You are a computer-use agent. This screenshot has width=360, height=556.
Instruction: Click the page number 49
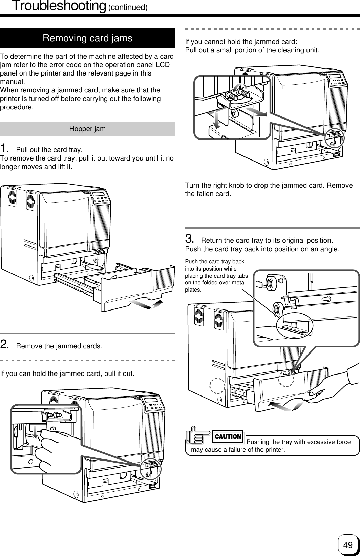coord(347,545)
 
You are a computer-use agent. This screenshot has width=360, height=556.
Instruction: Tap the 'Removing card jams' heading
coord(87,38)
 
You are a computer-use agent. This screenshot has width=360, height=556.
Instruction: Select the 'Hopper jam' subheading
coord(87,129)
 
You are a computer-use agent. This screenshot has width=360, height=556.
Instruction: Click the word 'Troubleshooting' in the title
coord(59,6)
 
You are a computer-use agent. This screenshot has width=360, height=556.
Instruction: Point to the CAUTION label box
coord(228,436)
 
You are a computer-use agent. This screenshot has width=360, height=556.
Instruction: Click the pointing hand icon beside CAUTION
coord(198,435)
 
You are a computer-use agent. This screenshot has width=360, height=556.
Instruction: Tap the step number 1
coord(4,148)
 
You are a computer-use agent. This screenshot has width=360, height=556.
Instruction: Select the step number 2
coord(4,344)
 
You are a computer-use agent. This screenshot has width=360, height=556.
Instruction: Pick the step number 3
coord(189,239)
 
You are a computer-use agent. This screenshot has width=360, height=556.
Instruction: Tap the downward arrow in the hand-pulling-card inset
coord(36,432)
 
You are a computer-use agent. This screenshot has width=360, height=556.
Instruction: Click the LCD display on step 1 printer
coord(98,194)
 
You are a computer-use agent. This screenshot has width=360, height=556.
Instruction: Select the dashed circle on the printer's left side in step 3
coord(217,386)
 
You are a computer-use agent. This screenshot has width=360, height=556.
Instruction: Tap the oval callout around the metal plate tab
coord(294,325)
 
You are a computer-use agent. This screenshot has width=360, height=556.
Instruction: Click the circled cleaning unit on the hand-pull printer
coord(150,469)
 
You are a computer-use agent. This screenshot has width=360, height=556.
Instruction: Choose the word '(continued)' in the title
coord(128,7)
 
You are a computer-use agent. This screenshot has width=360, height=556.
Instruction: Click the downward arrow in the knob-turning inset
coord(216,120)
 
